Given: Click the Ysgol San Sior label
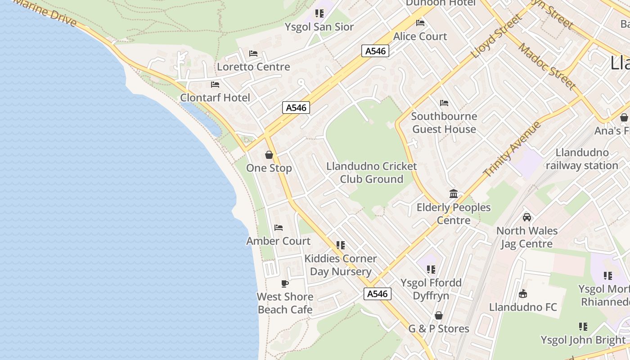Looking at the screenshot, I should [319, 27].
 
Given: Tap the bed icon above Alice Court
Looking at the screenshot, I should [420, 23].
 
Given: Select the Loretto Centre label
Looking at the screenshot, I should [253, 67].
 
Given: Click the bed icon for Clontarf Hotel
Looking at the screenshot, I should [215, 85].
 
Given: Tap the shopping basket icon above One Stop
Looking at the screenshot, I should [269, 155].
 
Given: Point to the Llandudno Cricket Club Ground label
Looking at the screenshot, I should [371, 173].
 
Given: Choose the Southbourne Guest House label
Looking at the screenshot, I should [444, 123].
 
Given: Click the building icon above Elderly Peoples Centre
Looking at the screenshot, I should [454, 194].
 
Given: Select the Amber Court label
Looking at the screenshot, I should [278, 241].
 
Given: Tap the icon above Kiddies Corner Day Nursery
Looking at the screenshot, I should [341, 245].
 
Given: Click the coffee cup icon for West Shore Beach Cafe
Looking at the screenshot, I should [284, 283].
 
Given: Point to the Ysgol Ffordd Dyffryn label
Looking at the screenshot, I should [431, 289].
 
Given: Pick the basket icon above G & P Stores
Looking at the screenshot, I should [438, 315].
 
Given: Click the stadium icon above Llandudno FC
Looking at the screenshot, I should [523, 294].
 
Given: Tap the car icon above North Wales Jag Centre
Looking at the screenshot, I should [526, 217].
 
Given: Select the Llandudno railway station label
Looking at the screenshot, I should [582, 159].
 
